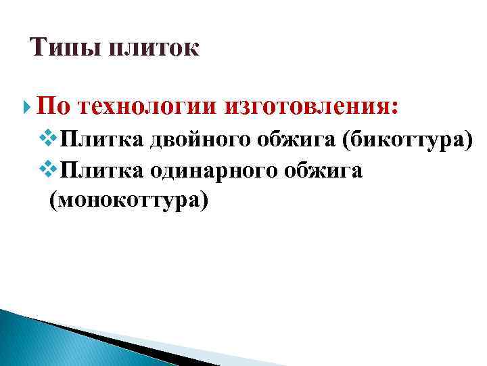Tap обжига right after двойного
(x=296, y=140)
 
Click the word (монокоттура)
(x=126, y=201)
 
